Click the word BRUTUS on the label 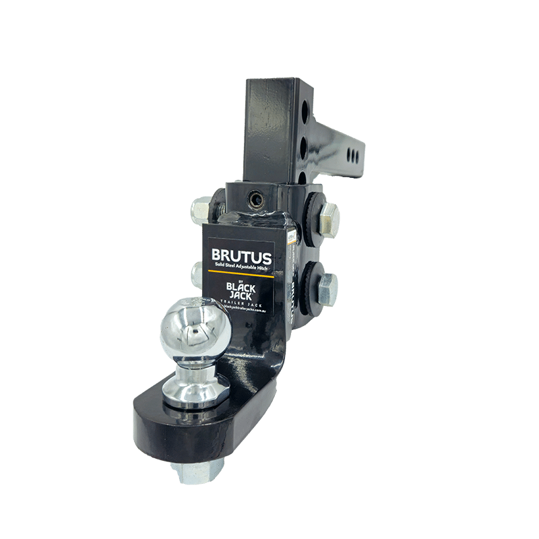click(241, 257)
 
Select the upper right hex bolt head click(329, 216)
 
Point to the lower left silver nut click(198, 272)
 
